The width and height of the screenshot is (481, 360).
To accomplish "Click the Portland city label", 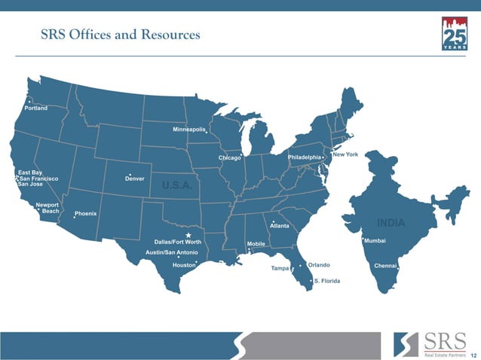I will point(36,108).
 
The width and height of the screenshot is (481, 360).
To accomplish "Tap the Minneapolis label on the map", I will point(189,130).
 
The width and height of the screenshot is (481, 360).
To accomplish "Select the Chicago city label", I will point(229,158).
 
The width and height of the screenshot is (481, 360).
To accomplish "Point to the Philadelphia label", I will point(305,157).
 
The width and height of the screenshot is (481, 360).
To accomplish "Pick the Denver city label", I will point(135,178).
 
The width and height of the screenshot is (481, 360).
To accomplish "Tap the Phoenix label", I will point(86,214).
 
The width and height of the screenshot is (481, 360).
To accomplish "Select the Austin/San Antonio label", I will point(172,252).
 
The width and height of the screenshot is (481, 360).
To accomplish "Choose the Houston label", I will point(184,266).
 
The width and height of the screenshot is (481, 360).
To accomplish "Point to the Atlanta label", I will point(280,226).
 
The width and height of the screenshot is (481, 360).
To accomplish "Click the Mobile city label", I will point(256,245).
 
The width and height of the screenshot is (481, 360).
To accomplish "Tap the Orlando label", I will point(319,265).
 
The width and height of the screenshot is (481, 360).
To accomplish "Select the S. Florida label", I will point(327,281).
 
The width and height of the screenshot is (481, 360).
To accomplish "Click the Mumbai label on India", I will point(375,240).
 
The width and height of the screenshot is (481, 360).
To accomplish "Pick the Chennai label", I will point(386,266).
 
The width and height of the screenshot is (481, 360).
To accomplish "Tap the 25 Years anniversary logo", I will point(454,34).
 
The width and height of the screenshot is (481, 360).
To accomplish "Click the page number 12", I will point(473,355).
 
